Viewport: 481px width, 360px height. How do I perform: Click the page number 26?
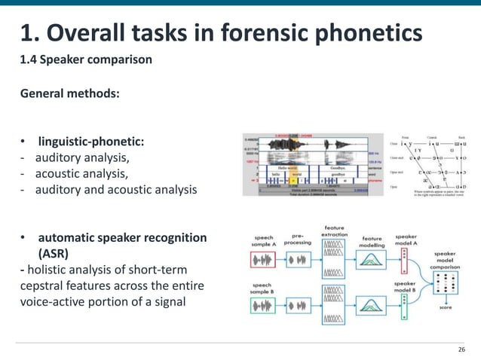[462, 350]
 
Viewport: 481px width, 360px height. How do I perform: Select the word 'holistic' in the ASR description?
[51, 269]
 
